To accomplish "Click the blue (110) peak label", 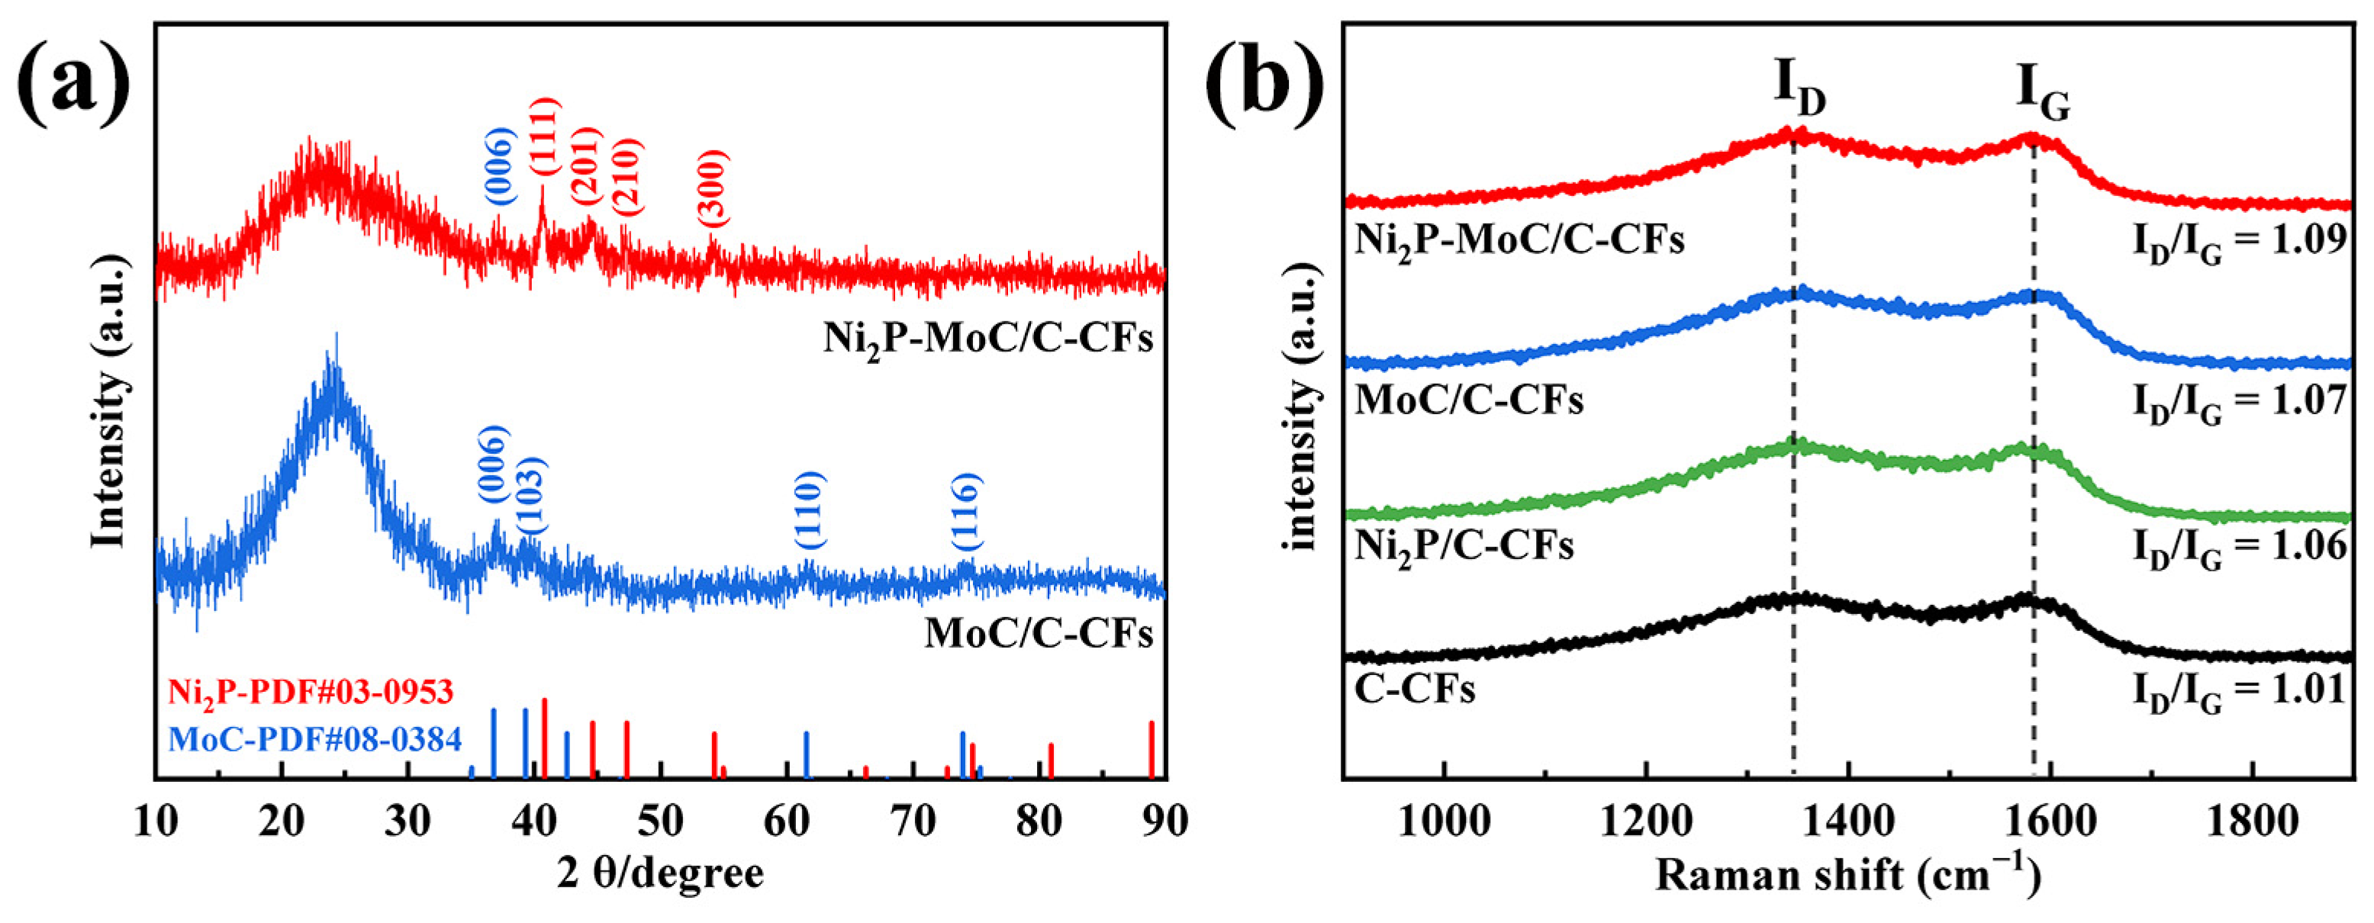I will tap(809, 510).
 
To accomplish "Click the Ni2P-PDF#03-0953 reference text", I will tap(311, 691).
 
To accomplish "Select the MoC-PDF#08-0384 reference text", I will tap(315, 738).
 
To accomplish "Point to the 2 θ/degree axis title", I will tap(660, 873).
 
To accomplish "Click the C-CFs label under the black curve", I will tap(1415, 689).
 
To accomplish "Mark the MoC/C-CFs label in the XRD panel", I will tap(1038, 633).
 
